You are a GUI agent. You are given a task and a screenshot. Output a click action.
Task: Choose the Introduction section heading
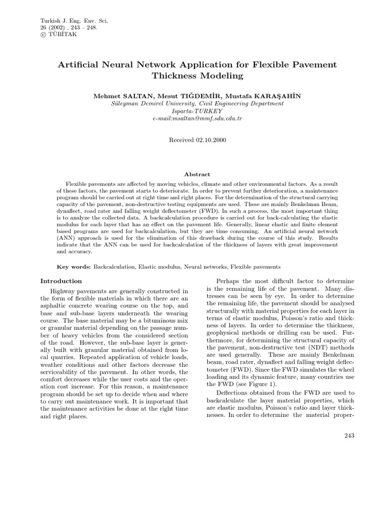(x=61, y=281)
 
